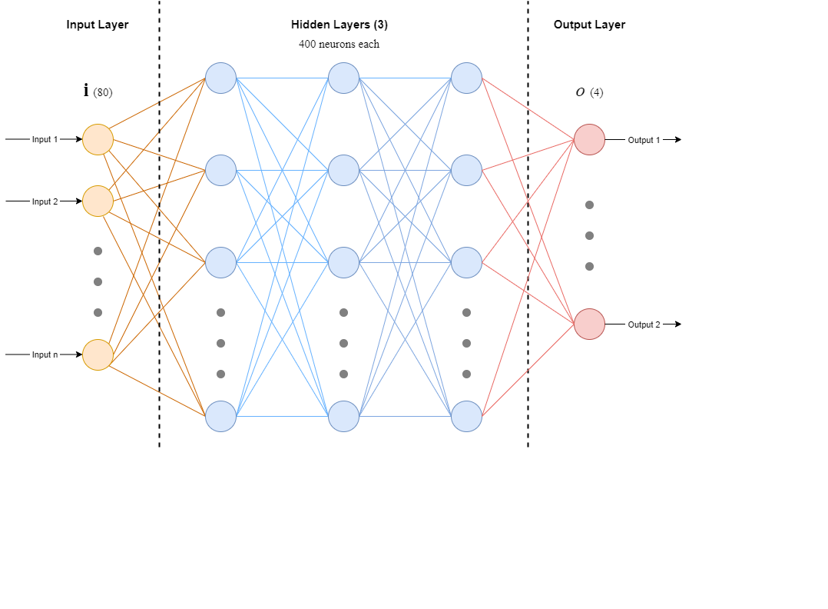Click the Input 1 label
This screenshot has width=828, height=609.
coord(45,139)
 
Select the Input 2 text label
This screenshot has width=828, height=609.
coord(45,201)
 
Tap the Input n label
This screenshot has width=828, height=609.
coord(45,354)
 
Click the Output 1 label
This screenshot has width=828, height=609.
coord(644,140)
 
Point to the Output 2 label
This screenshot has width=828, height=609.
coord(644,324)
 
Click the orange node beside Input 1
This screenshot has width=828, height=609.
coord(98,139)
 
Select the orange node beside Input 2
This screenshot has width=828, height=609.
coord(98,201)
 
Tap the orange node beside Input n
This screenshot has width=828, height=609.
coord(98,354)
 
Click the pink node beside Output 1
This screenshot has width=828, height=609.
coord(589,139)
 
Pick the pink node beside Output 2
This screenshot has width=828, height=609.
coord(589,324)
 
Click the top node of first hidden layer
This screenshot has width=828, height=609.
coord(220,78)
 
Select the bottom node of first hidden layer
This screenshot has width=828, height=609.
coord(220,416)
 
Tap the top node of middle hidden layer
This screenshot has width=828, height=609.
coord(343,78)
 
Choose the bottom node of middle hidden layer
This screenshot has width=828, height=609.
coord(343,416)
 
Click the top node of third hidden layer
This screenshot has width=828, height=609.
coord(466,78)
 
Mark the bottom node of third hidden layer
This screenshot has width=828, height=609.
coord(466,416)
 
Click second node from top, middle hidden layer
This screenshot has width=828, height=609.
coord(343,170)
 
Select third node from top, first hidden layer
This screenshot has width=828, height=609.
coord(220,262)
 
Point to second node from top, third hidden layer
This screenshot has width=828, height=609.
coord(466,170)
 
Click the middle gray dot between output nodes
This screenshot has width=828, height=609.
coord(589,235)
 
